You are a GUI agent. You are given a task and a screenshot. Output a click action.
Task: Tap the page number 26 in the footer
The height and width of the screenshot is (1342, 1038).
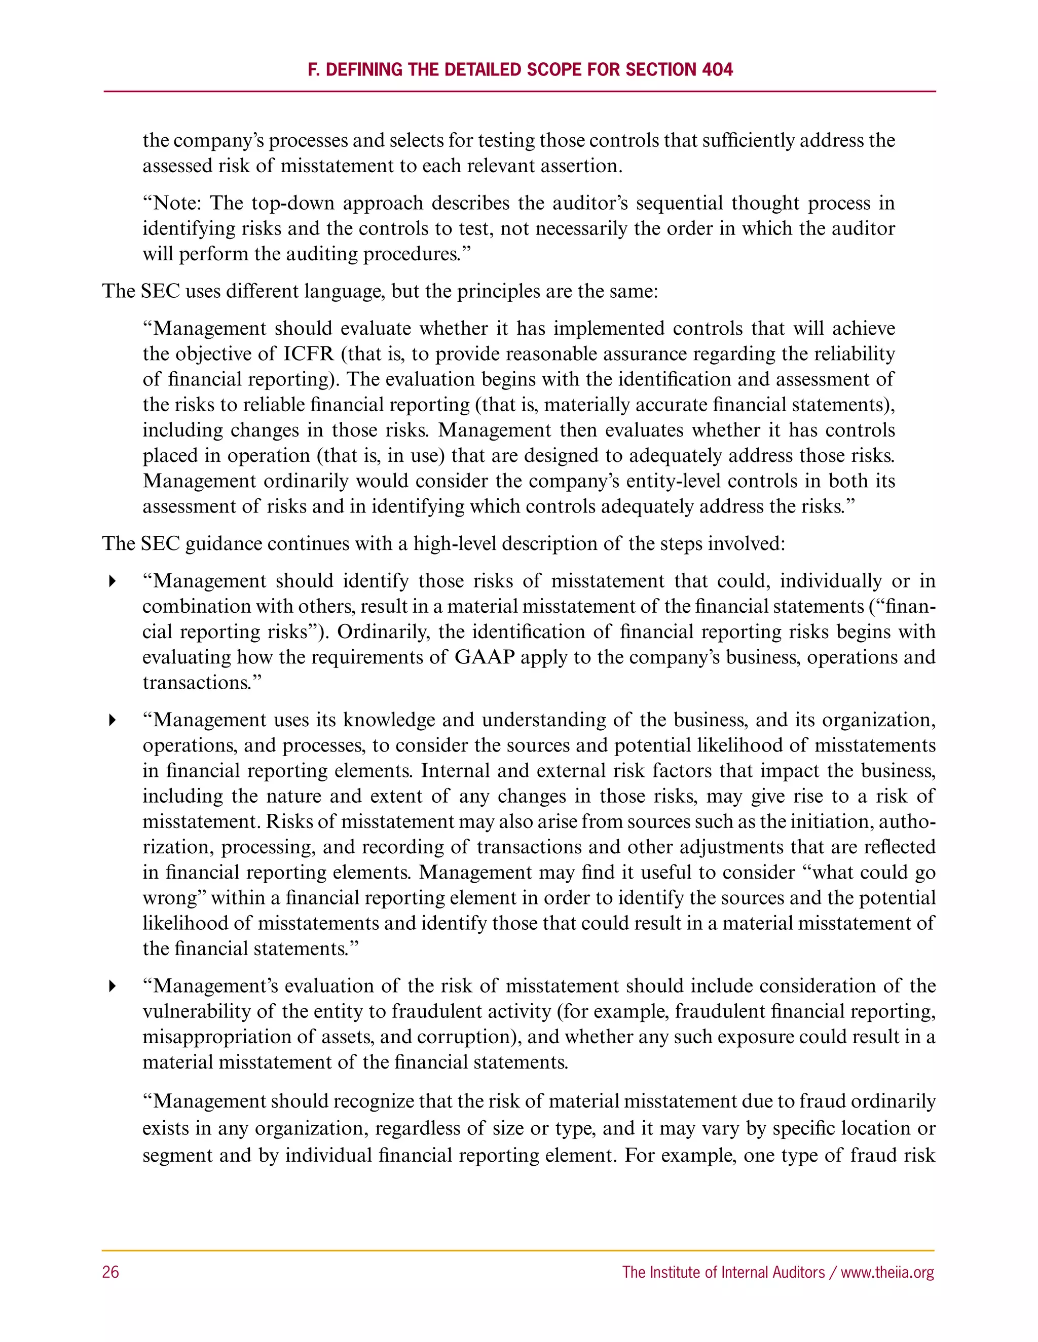110,1272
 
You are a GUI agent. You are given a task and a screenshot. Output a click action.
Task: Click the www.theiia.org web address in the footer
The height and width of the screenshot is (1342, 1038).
887,1272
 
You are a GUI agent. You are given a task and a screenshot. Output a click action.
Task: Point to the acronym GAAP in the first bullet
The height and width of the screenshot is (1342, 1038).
485,657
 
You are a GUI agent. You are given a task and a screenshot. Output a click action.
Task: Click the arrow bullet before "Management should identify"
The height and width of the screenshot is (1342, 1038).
112,581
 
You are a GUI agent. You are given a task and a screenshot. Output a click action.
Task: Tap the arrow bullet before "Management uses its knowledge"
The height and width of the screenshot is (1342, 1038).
112,720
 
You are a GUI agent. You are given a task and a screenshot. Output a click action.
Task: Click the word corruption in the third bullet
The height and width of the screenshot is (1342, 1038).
465,1037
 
